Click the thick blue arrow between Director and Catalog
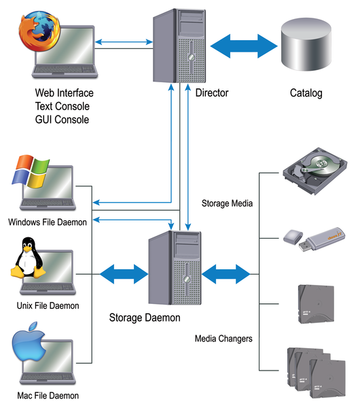pyautogui.click(x=245, y=46)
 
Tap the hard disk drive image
pyautogui.click(x=314, y=172)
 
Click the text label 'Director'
pyautogui.click(x=211, y=92)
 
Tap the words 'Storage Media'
pyautogui.click(x=226, y=203)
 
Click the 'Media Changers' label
pyautogui.click(x=223, y=338)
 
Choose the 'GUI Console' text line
pyautogui.click(x=62, y=119)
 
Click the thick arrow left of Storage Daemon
pyautogui.click(x=124, y=274)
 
